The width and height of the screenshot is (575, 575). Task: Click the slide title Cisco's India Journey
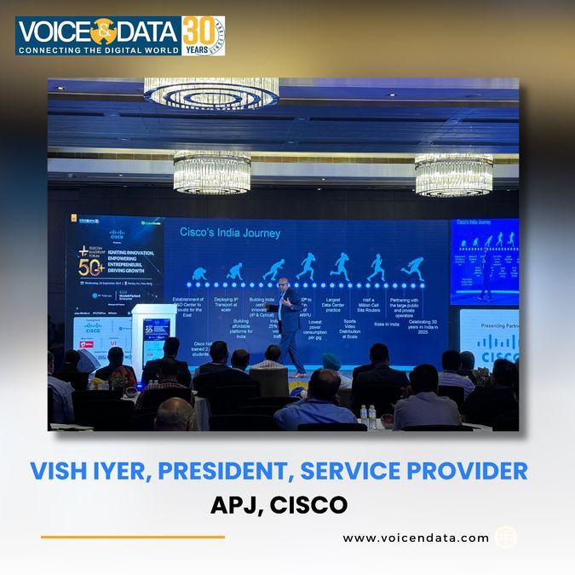229,232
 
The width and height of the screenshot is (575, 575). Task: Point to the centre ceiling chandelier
211,171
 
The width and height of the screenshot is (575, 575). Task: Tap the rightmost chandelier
453,174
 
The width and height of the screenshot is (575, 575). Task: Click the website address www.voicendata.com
416,538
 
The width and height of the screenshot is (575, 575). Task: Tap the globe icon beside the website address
505,538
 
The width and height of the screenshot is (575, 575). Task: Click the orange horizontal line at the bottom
132,537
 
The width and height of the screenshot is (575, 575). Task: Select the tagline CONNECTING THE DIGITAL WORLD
98,50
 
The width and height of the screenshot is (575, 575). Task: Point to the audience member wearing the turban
331,365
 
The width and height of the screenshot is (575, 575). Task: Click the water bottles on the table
367,416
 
